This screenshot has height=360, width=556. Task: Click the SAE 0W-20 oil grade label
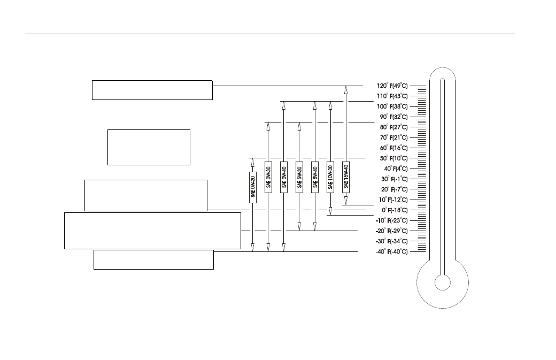pos(252,187)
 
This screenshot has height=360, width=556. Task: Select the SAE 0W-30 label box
pos(268,178)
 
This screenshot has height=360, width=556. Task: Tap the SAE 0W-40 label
pos(284,178)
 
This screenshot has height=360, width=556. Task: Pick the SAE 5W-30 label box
pos(299,178)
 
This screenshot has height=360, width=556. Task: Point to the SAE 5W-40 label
pos(315,178)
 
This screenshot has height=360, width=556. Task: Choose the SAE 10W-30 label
pos(330,178)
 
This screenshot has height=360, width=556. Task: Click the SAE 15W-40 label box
pos(346,178)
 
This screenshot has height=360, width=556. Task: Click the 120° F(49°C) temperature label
pos(392,86)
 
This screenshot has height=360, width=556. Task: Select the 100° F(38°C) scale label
pos(392,106)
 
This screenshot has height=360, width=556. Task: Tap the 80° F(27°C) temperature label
pos(393,127)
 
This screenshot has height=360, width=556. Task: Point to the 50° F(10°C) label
pos(393,158)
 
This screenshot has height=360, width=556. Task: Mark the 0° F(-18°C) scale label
pos(395,210)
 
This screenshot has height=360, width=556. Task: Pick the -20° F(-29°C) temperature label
pos(392,231)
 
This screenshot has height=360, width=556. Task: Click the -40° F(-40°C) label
pos(392,251)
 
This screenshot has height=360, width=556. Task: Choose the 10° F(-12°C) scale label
pos(393,200)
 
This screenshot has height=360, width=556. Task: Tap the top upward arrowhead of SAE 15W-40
pos(346,90)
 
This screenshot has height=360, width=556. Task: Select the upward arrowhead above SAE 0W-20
pos(252,162)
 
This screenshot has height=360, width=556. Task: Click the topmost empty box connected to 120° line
pos(152,90)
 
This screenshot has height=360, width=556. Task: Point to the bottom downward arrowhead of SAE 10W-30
pos(330,211)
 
